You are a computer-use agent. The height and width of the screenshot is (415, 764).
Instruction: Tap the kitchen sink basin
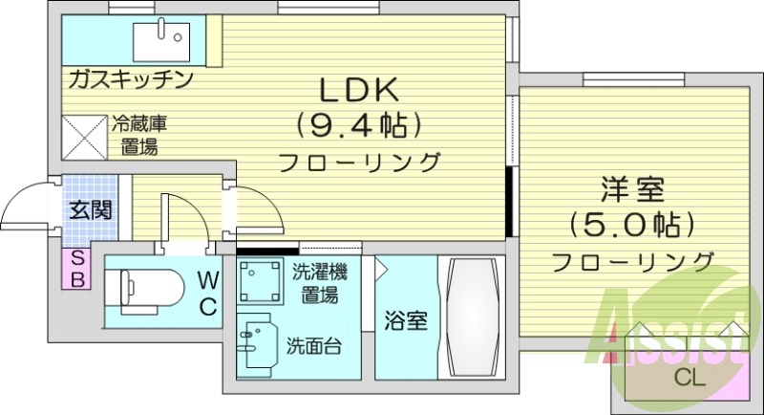(159, 39)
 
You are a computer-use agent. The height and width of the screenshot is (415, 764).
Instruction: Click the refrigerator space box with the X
(84, 135)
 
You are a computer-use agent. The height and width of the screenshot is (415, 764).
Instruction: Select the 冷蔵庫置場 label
(139, 135)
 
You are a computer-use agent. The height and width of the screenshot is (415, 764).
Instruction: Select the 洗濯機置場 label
(319, 284)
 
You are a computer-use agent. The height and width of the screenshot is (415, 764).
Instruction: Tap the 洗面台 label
(315, 345)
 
